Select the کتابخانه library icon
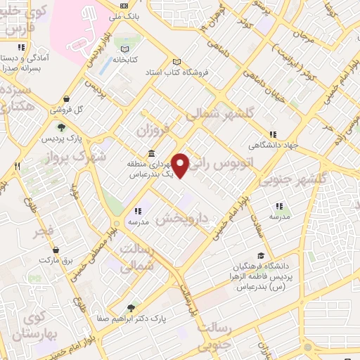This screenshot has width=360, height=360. click(x=124, y=50)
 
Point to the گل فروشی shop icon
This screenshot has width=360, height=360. click(x=66, y=99)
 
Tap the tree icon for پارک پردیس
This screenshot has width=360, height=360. click(x=62, y=127)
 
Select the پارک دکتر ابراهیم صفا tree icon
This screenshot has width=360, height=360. click(x=131, y=308)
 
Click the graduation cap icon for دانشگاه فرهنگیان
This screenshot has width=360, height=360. click(x=261, y=256)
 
